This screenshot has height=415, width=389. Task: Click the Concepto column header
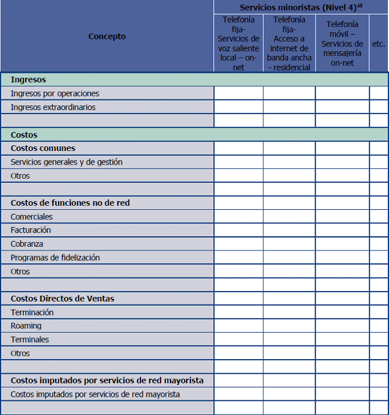click(107, 36)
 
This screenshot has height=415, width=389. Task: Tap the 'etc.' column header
click(378, 43)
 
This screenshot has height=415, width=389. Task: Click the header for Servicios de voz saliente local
click(238, 43)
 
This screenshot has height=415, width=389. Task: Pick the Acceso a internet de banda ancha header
click(289, 43)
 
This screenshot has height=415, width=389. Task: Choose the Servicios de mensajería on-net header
click(342, 43)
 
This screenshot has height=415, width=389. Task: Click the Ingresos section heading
click(28, 79)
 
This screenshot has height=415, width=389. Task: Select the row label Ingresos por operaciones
click(55, 93)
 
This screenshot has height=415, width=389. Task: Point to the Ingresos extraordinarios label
click(53, 107)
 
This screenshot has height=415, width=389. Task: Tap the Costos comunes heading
click(43, 148)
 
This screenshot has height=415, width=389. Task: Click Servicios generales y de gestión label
click(66, 162)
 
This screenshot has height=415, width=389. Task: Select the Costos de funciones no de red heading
click(70, 203)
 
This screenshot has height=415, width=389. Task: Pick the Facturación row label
click(31, 230)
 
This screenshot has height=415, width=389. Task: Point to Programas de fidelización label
click(55, 257)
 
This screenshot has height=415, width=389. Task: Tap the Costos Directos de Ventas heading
click(62, 299)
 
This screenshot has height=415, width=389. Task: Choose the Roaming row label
click(26, 326)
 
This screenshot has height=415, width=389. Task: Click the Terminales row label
click(29, 339)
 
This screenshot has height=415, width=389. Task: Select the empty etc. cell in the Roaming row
click(378, 326)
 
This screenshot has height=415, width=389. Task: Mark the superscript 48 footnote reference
click(360, 5)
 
